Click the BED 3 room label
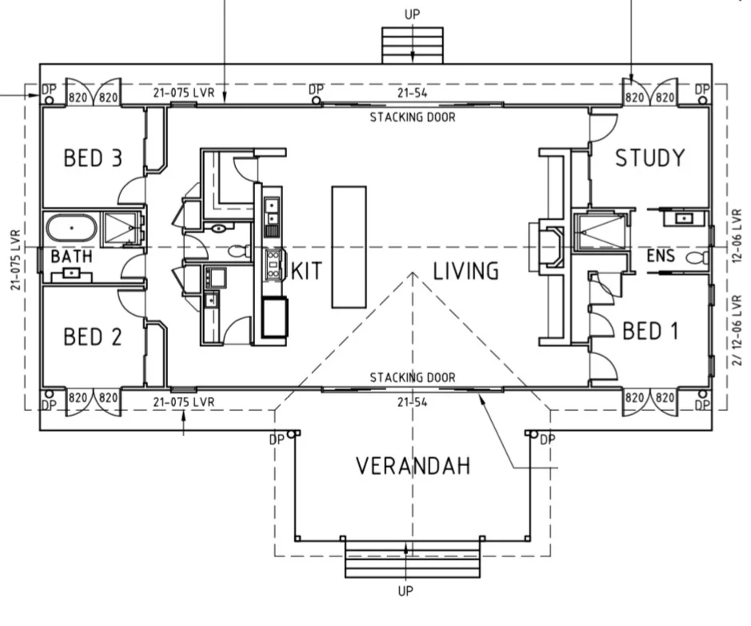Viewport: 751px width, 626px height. [x=93, y=158]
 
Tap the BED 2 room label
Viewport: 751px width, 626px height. [x=93, y=337]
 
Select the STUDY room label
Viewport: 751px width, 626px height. [x=650, y=158]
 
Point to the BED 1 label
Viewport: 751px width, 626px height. [x=650, y=331]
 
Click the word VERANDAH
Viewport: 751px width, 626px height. [x=413, y=466]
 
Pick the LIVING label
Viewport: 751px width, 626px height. [x=465, y=271]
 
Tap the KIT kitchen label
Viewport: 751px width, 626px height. [x=306, y=271]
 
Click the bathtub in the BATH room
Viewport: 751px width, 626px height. [x=71, y=228]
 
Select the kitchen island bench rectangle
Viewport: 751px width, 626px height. [x=350, y=247]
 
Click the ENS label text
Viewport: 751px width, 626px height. [x=661, y=256]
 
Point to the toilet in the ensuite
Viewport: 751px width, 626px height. [x=697, y=258]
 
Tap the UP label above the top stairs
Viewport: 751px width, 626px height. [x=412, y=14]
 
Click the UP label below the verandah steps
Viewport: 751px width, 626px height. [x=405, y=592]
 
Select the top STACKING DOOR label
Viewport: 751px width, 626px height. [x=413, y=118]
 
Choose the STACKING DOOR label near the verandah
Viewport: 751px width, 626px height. [x=413, y=377]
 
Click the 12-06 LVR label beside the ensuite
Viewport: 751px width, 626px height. [x=737, y=236]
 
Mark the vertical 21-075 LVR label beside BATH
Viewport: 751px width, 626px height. [x=15, y=261]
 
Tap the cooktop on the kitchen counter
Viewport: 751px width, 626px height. [x=273, y=264]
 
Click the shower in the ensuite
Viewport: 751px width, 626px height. [x=600, y=232]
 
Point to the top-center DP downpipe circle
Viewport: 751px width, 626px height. [x=316, y=101]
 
